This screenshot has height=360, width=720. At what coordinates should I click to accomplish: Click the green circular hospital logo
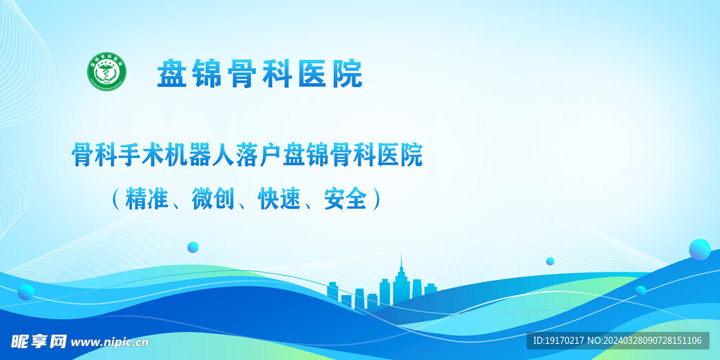point(107,72)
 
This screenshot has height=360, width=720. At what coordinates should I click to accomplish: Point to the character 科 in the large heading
point(276,74)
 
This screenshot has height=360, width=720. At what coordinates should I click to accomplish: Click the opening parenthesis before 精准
point(115,199)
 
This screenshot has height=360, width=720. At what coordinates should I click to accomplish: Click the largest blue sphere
point(700,250)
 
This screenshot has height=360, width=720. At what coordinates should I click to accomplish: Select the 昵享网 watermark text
point(39,342)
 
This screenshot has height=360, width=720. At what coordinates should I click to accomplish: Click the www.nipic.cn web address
point(110,342)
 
